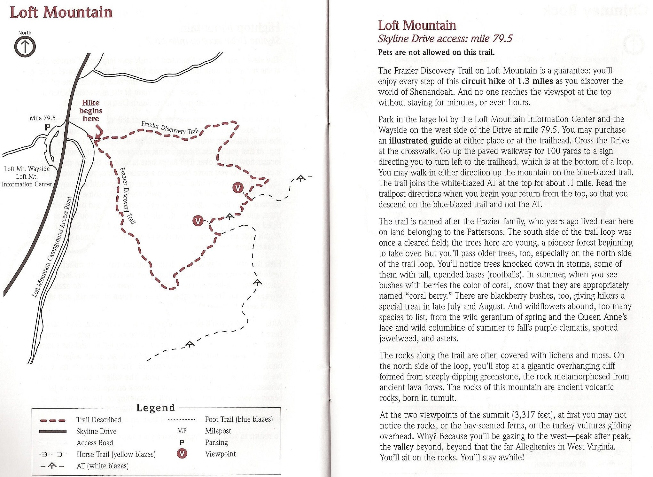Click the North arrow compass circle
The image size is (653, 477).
[25, 47]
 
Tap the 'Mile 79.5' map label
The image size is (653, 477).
[43, 118]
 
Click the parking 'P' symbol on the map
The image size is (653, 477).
[47, 127]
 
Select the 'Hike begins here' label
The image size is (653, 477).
[91, 111]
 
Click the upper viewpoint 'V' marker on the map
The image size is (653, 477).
[237, 188]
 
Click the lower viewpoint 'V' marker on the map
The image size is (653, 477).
[198, 221]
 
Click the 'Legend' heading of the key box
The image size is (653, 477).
[156, 408]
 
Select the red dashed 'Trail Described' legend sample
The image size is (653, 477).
[53, 420]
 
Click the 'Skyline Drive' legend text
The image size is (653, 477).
[96, 431]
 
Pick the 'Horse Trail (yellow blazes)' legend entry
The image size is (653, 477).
[116, 454]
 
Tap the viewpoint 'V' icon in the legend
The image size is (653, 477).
[182, 454]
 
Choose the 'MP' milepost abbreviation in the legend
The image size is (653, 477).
[182, 431]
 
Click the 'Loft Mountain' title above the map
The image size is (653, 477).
[61, 12]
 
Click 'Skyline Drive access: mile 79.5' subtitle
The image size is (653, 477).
[445, 39]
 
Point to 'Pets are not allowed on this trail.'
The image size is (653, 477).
[436, 52]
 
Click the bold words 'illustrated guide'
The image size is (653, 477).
[420, 141]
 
